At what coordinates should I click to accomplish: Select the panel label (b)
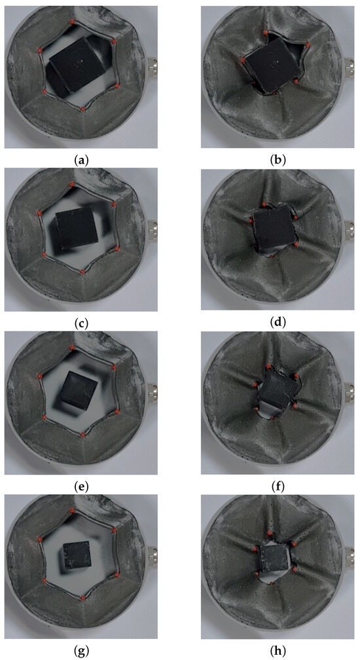point(278,160)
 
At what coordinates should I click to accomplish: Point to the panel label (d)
point(278,323)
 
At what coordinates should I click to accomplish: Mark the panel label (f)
point(278,486)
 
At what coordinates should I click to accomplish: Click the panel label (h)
point(278,650)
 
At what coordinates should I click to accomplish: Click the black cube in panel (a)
point(76,66)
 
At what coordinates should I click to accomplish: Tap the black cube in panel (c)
point(77,227)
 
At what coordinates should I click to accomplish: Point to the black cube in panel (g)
point(77,555)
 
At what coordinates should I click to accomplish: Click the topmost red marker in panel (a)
point(72,21)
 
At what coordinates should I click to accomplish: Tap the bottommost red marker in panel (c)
point(82,272)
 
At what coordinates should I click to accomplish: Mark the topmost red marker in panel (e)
point(72,347)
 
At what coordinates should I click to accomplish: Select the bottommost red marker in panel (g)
point(82,597)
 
